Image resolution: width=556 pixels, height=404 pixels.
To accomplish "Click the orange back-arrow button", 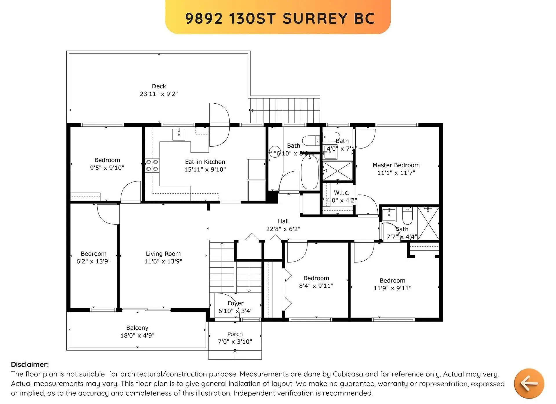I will tap(529, 383).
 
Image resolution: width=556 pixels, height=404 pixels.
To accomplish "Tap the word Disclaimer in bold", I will tap(30, 364).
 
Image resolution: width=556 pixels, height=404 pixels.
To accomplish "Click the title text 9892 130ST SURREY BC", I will tap(280, 19).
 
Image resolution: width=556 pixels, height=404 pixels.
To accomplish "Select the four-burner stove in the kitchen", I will tap(152, 166).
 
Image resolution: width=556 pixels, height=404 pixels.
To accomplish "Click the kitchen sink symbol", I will tap(179, 134).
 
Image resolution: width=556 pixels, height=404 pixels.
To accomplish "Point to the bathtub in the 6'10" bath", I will tap(310, 173).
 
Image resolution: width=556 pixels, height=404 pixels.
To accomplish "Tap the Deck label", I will tap(159, 86).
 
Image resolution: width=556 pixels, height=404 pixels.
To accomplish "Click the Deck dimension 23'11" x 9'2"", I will tap(159, 94).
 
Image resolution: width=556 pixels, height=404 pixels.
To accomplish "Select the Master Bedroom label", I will tap(396, 165).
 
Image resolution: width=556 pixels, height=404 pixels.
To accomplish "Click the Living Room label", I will tap(163, 254).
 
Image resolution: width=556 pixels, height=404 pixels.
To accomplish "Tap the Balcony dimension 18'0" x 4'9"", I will tap(137, 335).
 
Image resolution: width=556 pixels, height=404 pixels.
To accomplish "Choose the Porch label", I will tap(235, 334).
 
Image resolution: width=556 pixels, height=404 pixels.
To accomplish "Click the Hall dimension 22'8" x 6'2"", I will tap(283, 229).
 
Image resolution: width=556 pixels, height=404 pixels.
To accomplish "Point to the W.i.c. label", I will tap(341, 192).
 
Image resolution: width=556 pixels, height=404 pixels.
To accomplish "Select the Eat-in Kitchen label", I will tap(205, 162).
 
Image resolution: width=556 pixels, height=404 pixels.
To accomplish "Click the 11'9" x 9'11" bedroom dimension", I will tap(392, 288).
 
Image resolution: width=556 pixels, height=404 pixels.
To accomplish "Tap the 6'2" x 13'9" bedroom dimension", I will tap(93, 261).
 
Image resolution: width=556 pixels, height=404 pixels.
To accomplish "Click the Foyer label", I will tap(235, 303).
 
